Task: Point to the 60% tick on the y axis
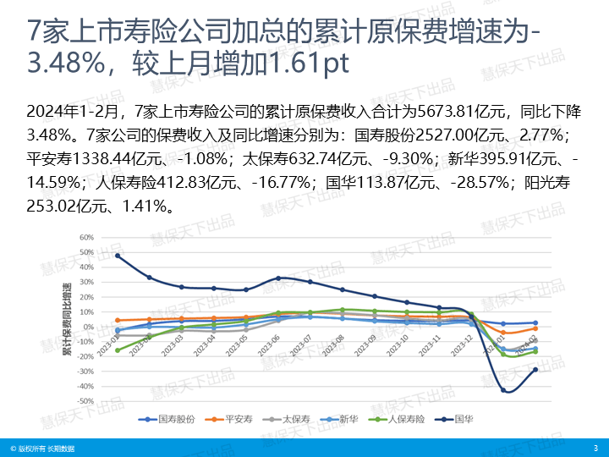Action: pos(86,238)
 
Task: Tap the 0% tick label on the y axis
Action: pos(88,327)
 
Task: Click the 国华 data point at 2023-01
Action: pos(118,256)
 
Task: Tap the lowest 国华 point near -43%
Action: pos(504,390)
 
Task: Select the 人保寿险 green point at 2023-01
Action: pos(118,350)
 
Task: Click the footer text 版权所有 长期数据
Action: pos(47,449)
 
